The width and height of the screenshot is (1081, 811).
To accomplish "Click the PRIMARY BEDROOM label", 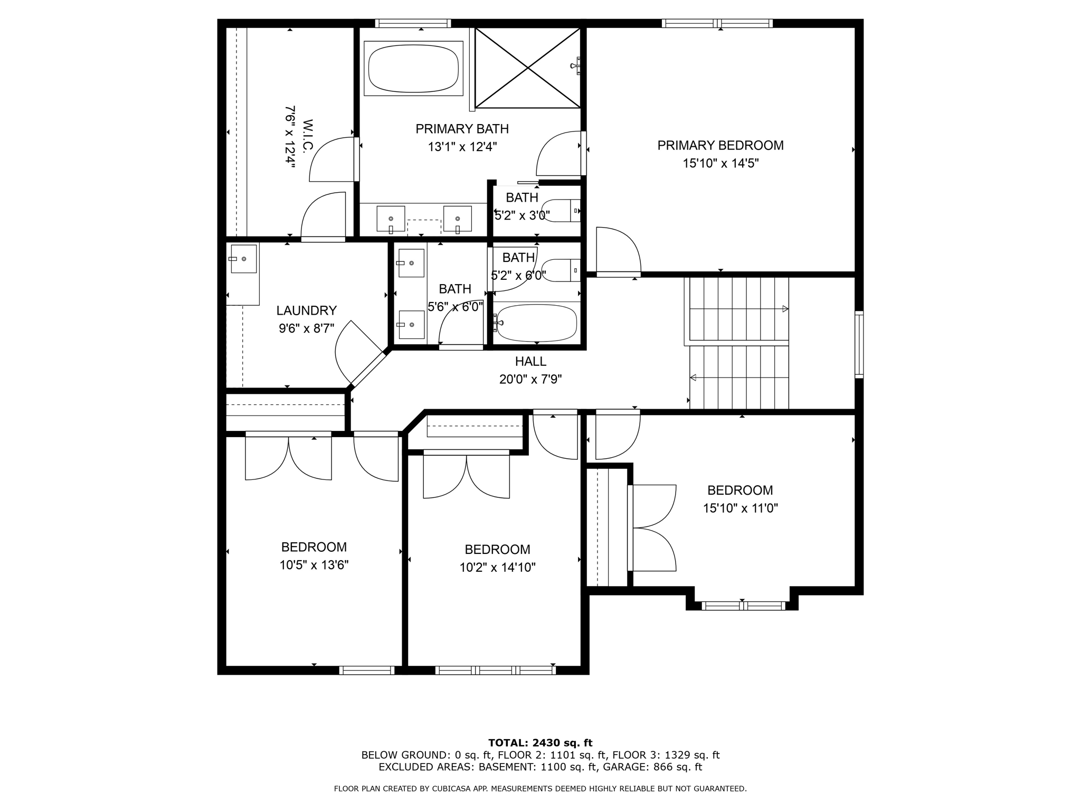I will pos(720,145).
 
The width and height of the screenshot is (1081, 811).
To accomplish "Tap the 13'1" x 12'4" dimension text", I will pos(462,147).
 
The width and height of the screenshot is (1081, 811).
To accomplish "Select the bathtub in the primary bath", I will pos(413,68).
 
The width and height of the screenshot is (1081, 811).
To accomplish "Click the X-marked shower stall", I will pos(528,68).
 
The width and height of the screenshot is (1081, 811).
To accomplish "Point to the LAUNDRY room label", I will pos(306,310).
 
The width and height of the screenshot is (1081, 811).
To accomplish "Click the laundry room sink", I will pos(243,259).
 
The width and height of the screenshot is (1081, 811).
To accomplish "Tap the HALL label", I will pos(530,362).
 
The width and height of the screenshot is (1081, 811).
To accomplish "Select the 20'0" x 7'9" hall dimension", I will pos(530,379).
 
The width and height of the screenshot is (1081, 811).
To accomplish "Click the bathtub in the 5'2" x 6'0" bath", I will pos(537,323).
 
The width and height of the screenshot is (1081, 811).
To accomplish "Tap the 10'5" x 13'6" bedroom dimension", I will pos(314,565).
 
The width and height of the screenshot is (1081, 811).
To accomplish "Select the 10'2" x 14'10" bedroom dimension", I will pos(497,568).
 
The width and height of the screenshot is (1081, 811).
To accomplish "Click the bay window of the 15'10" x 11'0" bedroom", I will pos(743,606).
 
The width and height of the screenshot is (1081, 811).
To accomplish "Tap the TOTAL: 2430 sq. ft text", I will pos(540,743).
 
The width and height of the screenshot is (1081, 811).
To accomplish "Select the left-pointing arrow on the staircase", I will pos(693,378).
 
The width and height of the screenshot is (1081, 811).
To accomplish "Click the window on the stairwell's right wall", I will pos(859,344).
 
